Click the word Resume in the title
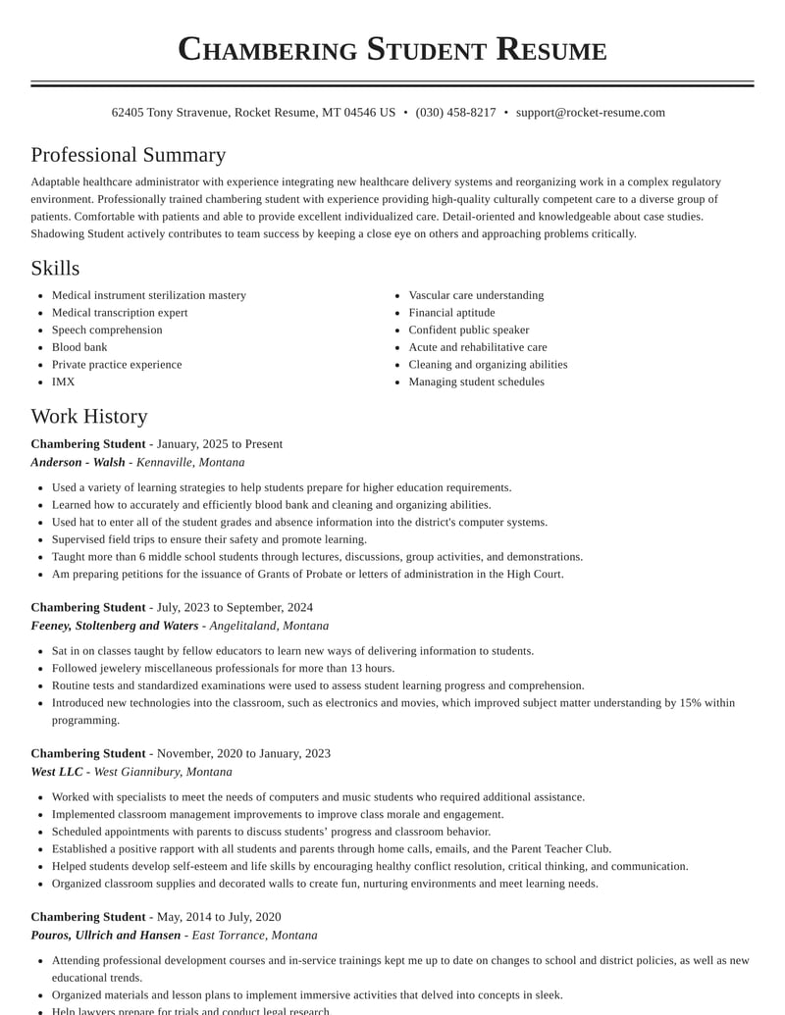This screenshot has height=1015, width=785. pyautogui.click(x=551, y=49)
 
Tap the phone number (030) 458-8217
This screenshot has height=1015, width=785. pyautogui.click(x=455, y=113)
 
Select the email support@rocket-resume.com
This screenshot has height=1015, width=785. pyautogui.click(x=591, y=113)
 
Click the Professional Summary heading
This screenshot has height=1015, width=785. pyautogui.click(x=128, y=155)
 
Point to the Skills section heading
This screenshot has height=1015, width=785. pyautogui.click(x=55, y=268)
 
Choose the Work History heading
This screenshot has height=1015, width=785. pyautogui.click(x=89, y=416)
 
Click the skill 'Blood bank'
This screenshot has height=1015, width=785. pyautogui.click(x=79, y=347)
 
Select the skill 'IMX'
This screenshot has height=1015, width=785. pyautogui.click(x=63, y=381)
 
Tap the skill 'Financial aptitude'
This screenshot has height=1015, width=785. pyautogui.click(x=451, y=313)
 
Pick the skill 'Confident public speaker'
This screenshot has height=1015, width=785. pyautogui.click(x=468, y=330)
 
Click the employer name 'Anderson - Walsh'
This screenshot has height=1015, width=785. pyautogui.click(x=78, y=462)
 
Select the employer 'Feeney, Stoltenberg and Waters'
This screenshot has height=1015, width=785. pyautogui.click(x=114, y=626)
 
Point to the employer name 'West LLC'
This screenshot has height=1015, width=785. pyautogui.click(x=57, y=772)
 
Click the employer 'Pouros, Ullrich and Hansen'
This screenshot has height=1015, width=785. pyautogui.click(x=105, y=936)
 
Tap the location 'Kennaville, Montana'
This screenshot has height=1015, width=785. pyautogui.click(x=190, y=462)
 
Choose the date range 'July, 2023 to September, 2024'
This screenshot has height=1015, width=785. pyautogui.click(x=235, y=608)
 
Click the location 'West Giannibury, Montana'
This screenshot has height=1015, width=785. pyautogui.click(x=163, y=772)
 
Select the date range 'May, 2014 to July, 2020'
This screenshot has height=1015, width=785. pyautogui.click(x=219, y=918)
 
